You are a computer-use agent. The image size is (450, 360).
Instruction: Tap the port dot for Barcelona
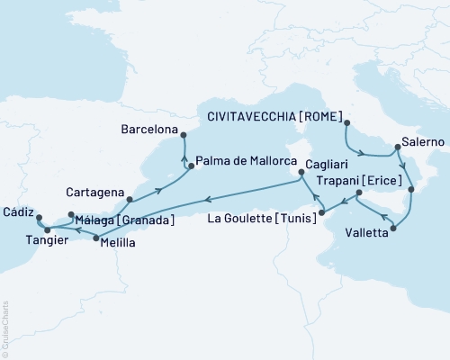(x=183, y=135)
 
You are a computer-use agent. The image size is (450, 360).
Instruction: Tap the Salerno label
(x=423, y=148)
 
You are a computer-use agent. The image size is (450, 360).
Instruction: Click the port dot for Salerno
(x=397, y=149)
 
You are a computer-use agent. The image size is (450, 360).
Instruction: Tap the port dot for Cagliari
(x=301, y=164)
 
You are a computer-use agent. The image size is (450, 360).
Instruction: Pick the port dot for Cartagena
(x=130, y=199)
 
